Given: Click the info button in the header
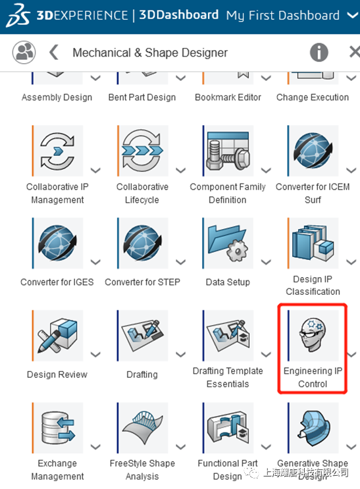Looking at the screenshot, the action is (x=319, y=53).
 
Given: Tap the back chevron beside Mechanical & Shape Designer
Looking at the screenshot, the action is (x=54, y=52).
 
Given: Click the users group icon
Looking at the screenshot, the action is (x=24, y=52).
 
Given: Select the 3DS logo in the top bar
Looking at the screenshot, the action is (x=18, y=16).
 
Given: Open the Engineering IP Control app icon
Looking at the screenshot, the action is (x=313, y=336).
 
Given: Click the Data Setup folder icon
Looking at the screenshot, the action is (x=228, y=244).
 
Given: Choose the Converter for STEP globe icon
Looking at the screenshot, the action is (x=143, y=244).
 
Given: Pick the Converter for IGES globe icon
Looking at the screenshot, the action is (x=57, y=244).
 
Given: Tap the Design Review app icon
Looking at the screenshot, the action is (x=57, y=336).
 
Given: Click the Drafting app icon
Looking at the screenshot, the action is (x=143, y=336).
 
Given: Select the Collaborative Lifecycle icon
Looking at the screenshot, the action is (x=143, y=151).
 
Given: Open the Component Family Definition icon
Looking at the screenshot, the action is (x=228, y=151).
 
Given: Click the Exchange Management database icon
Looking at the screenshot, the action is (x=57, y=428).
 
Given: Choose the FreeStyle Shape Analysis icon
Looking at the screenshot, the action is (x=143, y=428).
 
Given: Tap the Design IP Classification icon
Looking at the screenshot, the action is (x=313, y=244).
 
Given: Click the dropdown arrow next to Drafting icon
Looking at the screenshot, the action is (x=180, y=354).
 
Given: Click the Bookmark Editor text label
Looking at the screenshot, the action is (x=228, y=97).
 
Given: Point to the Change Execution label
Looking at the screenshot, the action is (x=313, y=97).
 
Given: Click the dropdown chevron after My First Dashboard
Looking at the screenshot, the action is (x=353, y=15).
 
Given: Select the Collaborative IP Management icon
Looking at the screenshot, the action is (x=57, y=151).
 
